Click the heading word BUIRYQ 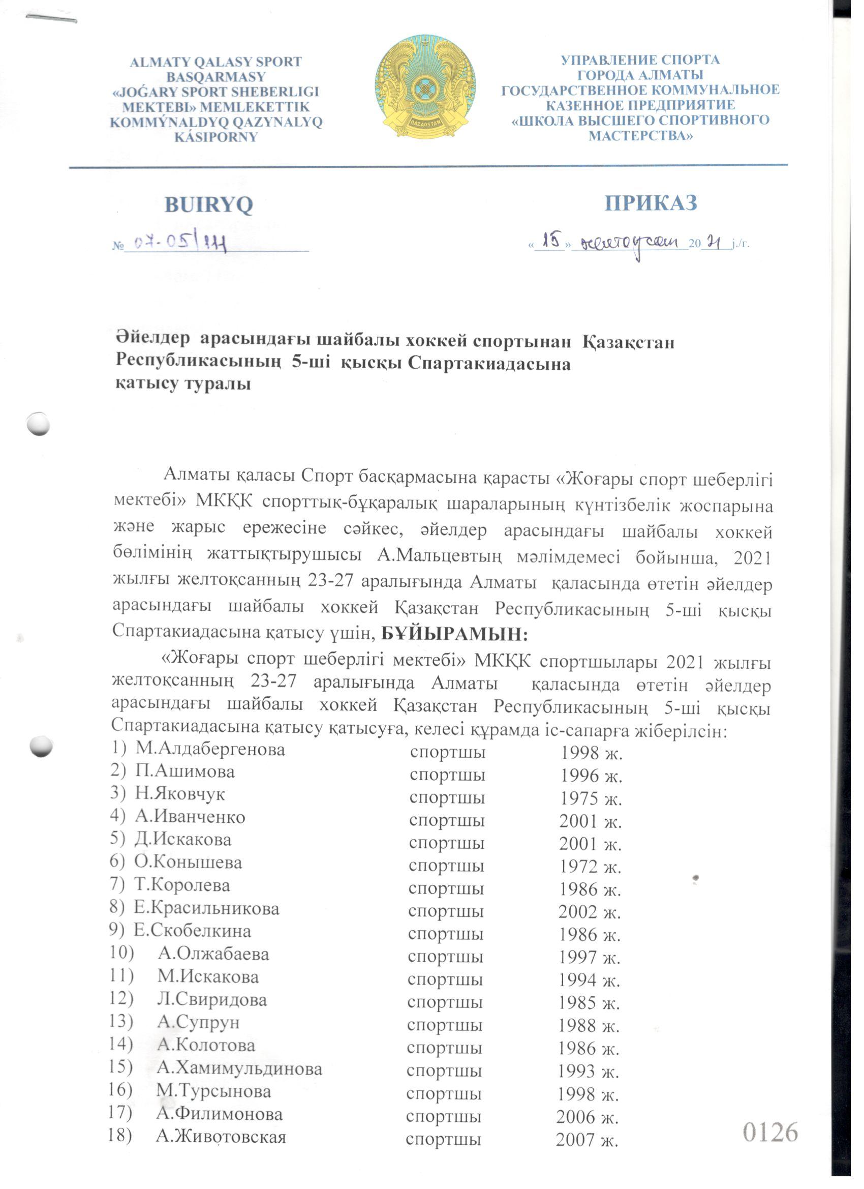208,204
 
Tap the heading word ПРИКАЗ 651,203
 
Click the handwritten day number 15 549,241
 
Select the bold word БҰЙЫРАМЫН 454,634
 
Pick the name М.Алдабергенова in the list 210,749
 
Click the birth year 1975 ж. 591,798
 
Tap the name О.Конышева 188,863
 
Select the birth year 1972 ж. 590,867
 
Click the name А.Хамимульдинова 239,1068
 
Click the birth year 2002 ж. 590,912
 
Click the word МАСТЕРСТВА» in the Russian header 640,136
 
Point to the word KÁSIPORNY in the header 216,137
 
